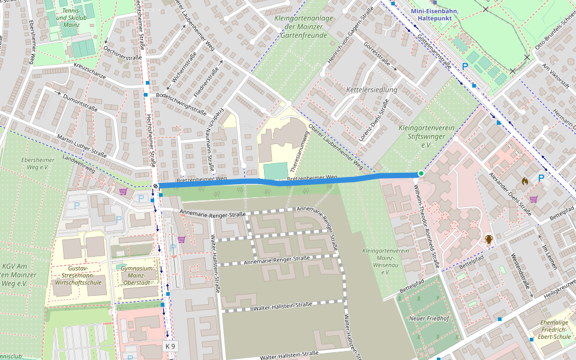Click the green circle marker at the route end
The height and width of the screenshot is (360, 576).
point(421,174)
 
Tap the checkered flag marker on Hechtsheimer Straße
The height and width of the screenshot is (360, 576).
point(155,186)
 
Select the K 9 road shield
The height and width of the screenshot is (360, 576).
point(171,346)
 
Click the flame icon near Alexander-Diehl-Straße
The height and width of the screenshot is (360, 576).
point(524,179)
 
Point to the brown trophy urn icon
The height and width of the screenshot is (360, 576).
point(489,240)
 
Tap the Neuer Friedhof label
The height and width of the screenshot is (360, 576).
point(428,318)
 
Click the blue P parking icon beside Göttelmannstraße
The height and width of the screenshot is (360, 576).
point(464,67)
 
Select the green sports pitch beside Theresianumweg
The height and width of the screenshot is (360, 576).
point(275,171)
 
